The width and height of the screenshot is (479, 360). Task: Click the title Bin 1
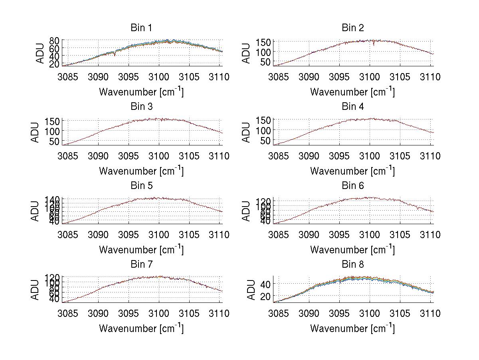pos(141,28)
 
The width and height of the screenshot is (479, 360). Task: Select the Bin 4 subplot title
pos(353,107)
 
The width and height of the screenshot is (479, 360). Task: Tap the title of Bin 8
pos(353,265)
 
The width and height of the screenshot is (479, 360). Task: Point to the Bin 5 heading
pos(141,186)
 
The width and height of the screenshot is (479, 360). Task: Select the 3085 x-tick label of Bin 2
pos(278,77)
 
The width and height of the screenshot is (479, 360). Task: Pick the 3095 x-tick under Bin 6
pos(339,235)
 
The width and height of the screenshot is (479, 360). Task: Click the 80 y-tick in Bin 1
pos(55,40)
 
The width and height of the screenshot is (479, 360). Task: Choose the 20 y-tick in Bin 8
pos(265,296)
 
